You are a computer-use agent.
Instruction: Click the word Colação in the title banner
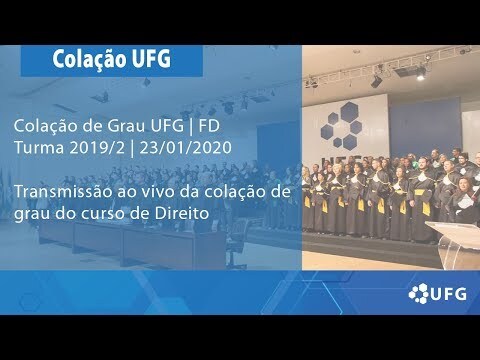pyautogui.click(x=89, y=60)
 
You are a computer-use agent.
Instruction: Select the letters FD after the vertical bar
pyautogui.click(x=209, y=126)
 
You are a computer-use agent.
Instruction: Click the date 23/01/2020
pyautogui.click(x=185, y=147)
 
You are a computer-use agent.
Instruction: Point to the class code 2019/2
pyautogui.click(x=97, y=147)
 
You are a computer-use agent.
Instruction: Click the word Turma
pyautogui.click(x=39, y=148)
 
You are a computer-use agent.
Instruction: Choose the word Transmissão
pyautogui.click(x=62, y=192)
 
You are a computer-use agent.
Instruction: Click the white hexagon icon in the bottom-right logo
pyautogui.click(x=418, y=293)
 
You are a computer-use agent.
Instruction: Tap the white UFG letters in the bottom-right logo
pyautogui.click(x=449, y=294)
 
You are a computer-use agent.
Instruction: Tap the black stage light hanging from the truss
pyautogui.click(x=376, y=81)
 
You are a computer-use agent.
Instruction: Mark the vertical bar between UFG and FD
pyautogui.click(x=191, y=127)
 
